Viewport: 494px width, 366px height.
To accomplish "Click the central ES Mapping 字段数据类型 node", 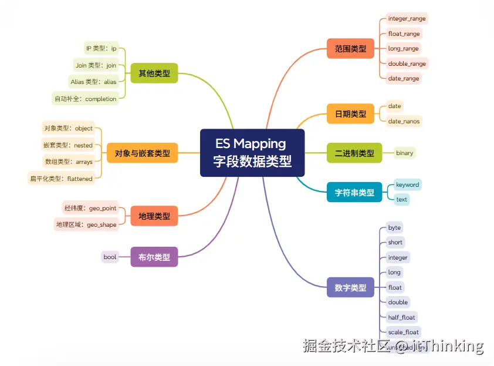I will click(252, 152).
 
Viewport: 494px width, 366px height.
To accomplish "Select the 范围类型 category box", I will click(350, 49).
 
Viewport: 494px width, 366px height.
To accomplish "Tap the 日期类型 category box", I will click(350, 113).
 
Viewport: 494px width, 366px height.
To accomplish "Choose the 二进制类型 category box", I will click(354, 153).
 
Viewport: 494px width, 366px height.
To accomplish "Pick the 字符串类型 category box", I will click(354, 192).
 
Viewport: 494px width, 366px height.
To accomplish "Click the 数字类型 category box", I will click(350, 287).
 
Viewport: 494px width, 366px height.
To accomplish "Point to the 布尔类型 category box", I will click(154, 257).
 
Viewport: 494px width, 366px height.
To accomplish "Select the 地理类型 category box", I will click(154, 216).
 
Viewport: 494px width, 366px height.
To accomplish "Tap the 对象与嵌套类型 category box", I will click(142, 153).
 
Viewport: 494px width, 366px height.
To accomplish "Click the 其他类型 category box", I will click(154, 73).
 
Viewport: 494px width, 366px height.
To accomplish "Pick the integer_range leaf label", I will click(407, 19).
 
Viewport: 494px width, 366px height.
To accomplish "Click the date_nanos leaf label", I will click(404, 121).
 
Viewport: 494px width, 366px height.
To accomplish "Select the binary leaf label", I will click(404, 153).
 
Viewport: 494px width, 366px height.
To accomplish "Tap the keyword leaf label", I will click(407, 184).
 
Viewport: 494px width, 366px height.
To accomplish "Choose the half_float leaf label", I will click(401, 317).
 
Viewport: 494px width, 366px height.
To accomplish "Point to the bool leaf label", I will click(110, 257).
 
